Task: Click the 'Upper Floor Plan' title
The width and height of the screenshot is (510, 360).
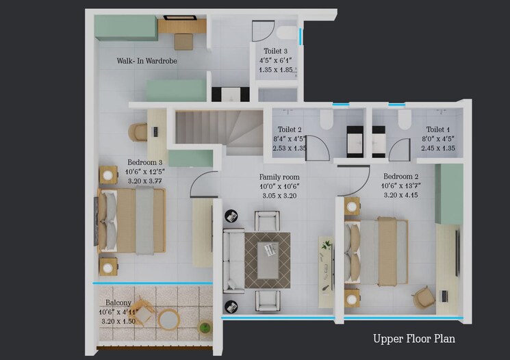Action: pyautogui.click(x=413, y=338)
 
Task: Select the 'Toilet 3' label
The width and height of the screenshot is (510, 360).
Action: pyautogui.click(x=276, y=51)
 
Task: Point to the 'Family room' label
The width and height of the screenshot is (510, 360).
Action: pyautogui.click(x=279, y=177)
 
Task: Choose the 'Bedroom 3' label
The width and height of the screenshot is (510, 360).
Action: pyautogui.click(x=143, y=163)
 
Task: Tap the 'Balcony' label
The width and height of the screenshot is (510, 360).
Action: pyautogui.click(x=118, y=303)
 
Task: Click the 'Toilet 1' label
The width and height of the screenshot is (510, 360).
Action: pyautogui.click(x=438, y=129)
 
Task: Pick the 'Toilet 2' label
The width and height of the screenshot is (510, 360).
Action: pyautogui.click(x=290, y=129)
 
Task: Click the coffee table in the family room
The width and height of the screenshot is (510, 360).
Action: pyautogui.click(x=267, y=260)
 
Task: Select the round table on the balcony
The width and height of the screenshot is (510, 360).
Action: pyautogui.click(x=168, y=319)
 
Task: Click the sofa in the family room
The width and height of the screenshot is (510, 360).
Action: pyautogui.click(x=233, y=260)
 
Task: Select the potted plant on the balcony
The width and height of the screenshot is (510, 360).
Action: pyautogui.click(x=205, y=327)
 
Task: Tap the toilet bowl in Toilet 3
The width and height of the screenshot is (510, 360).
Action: pyautogui.click(x=286, y=32)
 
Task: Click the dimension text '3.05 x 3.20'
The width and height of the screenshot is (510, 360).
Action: pyautogui.click(x=279, y=196)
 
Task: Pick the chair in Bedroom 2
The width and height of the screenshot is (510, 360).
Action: pyautogui.click(x=424, y=296)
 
